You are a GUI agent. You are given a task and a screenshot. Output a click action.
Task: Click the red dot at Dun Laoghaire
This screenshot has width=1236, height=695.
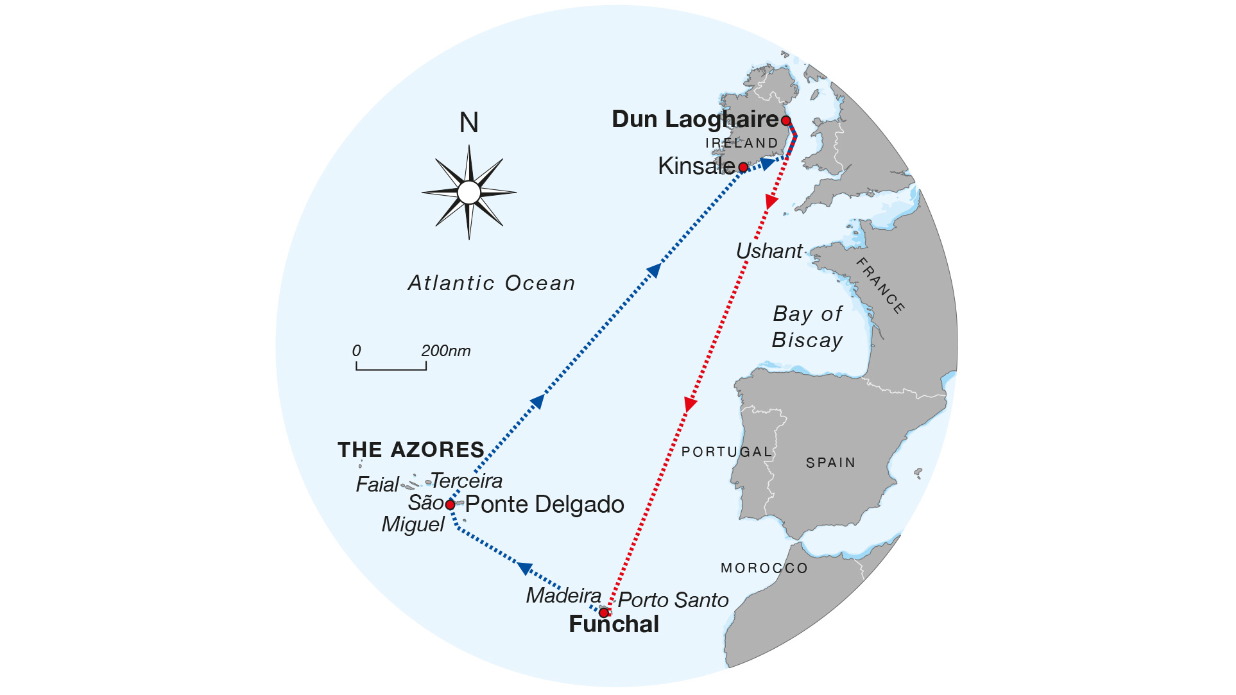[x=785, y=121]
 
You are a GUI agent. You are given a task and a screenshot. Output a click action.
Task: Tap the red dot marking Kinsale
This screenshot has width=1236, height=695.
[x=743, y=167]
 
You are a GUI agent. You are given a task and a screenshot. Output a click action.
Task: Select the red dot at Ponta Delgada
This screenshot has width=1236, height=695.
[x=451, y=505]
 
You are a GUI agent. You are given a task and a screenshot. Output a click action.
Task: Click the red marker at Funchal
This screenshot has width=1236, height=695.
[x=604, y=613]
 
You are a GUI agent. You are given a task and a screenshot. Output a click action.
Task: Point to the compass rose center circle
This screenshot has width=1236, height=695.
[x=469, y=193]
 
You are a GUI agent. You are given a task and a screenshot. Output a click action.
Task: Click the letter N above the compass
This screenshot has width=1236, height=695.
[x=469, y=123]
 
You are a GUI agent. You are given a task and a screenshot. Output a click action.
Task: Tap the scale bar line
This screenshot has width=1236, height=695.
[x=391, y=369]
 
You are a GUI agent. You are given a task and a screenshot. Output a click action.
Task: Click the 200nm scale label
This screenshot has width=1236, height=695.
[x=445, y=351]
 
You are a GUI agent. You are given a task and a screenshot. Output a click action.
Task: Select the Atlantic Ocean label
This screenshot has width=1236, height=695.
[x=492, y=283]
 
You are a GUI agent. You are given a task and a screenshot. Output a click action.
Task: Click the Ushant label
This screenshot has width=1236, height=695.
[x=769, y=251]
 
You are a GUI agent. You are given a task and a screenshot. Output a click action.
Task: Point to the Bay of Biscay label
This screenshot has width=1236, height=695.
[x=807, y=327]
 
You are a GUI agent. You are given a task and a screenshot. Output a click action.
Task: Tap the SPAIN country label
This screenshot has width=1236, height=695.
[x=830, y=463]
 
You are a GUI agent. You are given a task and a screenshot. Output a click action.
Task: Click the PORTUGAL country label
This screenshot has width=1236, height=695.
[x=726, y=452]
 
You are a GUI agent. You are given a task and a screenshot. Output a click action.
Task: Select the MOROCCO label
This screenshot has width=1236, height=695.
[x=764, y=568]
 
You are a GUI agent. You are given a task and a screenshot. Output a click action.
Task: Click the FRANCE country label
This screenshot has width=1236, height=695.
[x=880, y=286]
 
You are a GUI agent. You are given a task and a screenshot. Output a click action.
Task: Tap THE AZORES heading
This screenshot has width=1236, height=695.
[x=411, y=450]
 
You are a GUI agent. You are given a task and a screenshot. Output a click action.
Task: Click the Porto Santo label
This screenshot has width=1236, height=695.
[x=673, y=600]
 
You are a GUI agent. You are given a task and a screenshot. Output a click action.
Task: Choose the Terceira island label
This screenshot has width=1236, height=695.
[x=467, y=481]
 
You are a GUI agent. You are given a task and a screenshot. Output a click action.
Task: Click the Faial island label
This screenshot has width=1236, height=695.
[x=377, y=485]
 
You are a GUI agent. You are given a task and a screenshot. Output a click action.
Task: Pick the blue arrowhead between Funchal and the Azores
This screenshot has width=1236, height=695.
[x=525, y=568]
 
